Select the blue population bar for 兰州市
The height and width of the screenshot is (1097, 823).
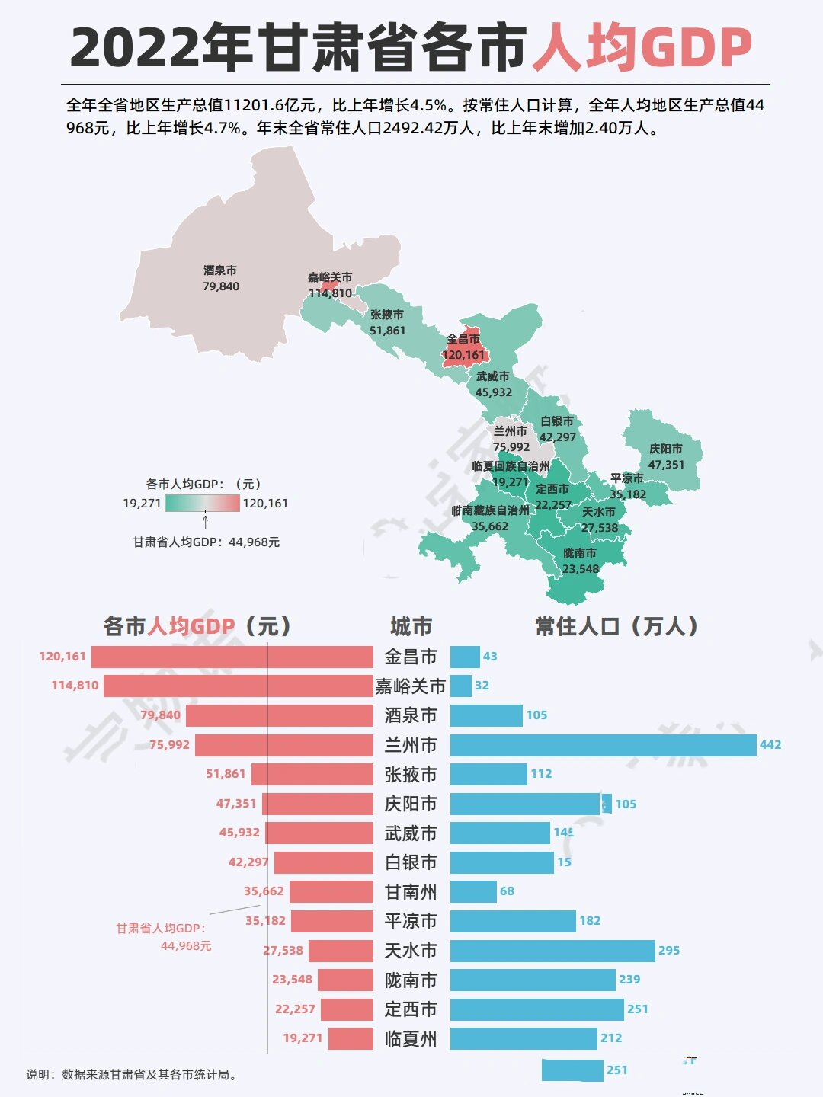(x=603, y=745)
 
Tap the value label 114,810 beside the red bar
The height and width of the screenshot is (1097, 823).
(x=75, y=686)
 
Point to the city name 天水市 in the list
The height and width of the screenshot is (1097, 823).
(x=411, y=951)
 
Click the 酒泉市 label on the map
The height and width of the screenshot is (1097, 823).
(x=220, y=270)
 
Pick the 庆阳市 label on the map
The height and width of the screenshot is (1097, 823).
(x=665, y=449)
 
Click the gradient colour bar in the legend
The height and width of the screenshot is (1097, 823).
(x=202, y=503)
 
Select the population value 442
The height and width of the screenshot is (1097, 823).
(x=770, y=745)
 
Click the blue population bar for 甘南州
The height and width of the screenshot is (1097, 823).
(x=473, y=891)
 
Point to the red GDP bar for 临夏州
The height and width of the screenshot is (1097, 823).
(x=351, y=1038)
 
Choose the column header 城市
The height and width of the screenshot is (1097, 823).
(x=411, y=627)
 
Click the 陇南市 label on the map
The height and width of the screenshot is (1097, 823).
(x=580, y=553)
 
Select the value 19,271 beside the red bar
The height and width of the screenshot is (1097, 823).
(x=303, y=1038)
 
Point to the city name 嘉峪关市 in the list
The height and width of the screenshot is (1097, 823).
(x=411, y=686)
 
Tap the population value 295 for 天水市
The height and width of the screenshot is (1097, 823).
(x=669, y=951)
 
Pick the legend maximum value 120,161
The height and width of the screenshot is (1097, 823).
(x=265, y=504)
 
